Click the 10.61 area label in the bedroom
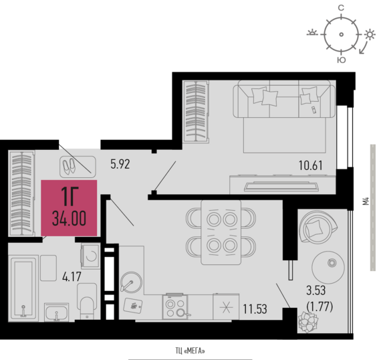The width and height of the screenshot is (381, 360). tap(311, 166)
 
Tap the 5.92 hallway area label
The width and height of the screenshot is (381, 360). tap(120, 164)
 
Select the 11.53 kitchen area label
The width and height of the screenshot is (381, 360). tap(255, 309)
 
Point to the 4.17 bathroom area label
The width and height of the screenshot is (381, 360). tap(72, 277)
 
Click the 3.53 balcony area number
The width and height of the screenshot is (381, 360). tap(316, 290)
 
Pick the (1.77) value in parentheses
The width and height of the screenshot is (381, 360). tap(320, 306)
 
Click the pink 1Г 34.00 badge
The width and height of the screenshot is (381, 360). tap(69, 208)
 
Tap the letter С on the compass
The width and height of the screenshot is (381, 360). tap(341, 8)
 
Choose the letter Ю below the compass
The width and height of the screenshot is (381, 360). tap(342, 60)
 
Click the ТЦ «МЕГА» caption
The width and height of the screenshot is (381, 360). tap(190, 351)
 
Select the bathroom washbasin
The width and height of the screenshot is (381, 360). tap(56, 312)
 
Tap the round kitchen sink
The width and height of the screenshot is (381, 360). tap(131, 282)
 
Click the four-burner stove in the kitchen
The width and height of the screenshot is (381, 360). tap(175, 306)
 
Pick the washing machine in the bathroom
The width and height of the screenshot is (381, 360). tap(90, 256)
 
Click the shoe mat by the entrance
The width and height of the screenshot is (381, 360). tap(78, 167)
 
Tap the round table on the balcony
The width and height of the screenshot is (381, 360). tap(328, 268)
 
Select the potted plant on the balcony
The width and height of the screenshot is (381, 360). tap(308, 322)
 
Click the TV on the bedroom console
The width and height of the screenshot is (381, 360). tap(281, 186)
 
